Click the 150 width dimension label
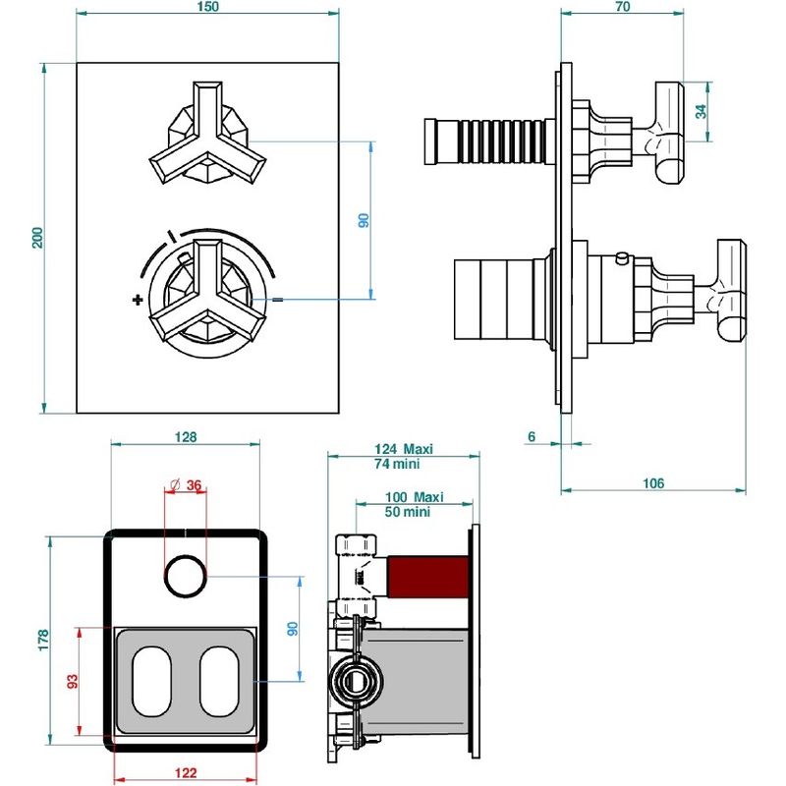(207, 7)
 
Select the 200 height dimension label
(37, 238)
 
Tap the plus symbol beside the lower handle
(138, 300)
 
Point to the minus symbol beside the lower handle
(278, 300)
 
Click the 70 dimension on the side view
(622, 7)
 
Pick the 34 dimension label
(701, 111)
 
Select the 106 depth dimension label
(653, 483)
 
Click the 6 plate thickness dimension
(532, 436)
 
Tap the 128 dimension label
(186, 437)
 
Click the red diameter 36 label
(186, 484)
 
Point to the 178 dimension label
(43, 641)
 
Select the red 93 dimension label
(73, 681)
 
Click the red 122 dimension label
(186, 772)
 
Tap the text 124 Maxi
(404, 449)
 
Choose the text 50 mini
(408, 512)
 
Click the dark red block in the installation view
(428, 577)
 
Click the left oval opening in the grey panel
(152, 682)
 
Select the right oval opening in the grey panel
(219, 682)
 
